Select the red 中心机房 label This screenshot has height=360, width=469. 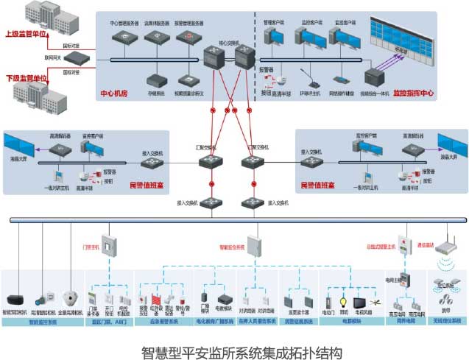[114, 94]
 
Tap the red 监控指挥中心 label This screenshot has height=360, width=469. [413, 94]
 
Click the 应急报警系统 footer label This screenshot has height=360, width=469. [163, 322]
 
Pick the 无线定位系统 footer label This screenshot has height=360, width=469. [445, 322]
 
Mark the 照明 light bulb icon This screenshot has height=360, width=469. [342, 302]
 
